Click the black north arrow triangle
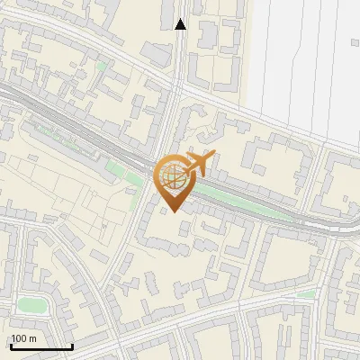click(181, 23)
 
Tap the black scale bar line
click(41, 346)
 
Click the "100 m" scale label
click(24, 338)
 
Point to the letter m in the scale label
click(33, 338)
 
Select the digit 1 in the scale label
click(14, 338)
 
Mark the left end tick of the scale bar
click(11, 345)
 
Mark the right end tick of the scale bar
click(72, 345)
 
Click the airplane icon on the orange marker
click(199, 164)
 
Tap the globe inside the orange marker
click(173, 176)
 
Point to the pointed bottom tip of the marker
click(173, 212)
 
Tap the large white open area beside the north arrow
click(306, 63)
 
